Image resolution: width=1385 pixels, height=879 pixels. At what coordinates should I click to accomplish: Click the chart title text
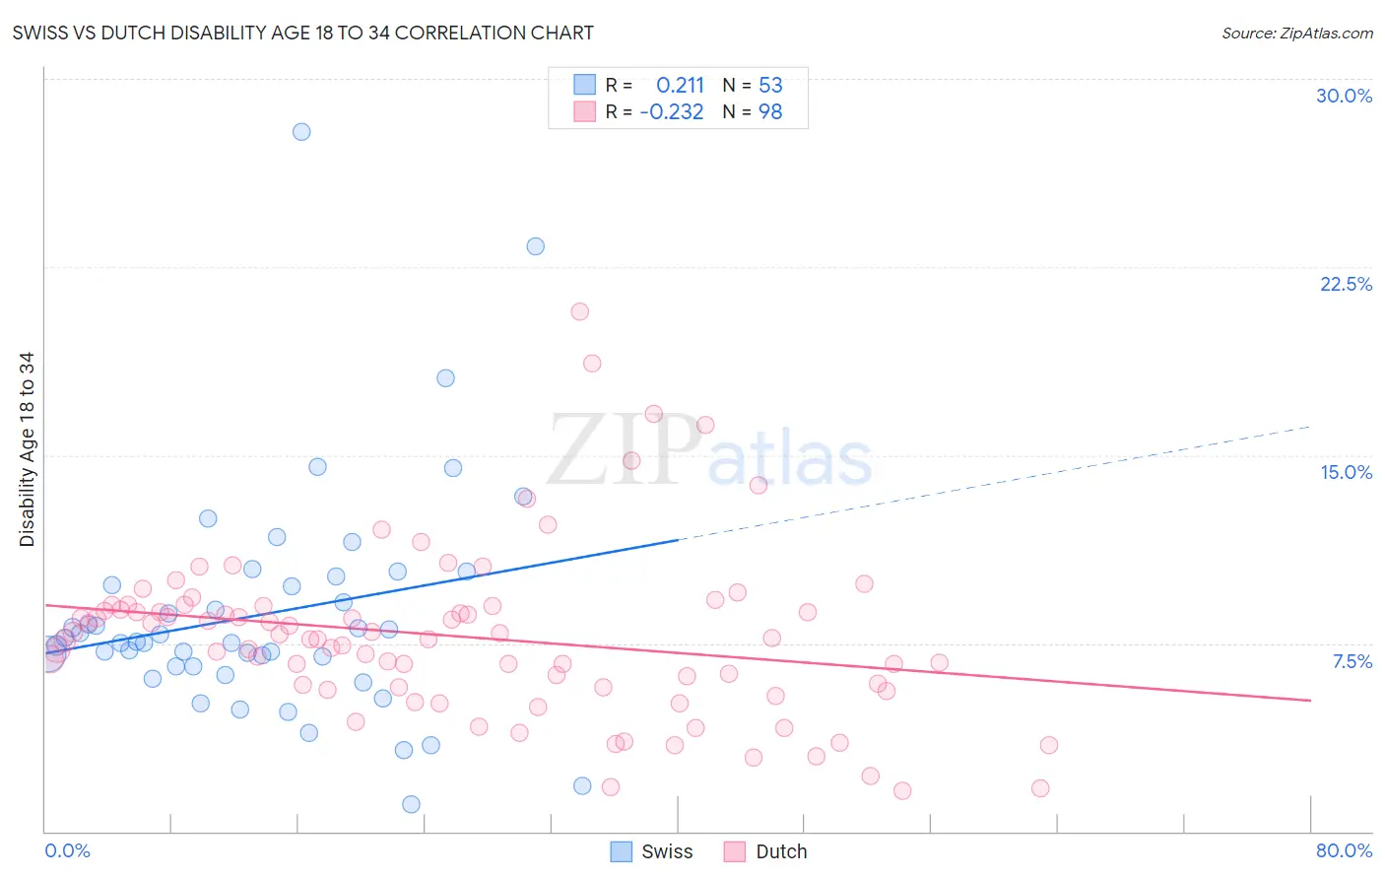(x=302, y=33)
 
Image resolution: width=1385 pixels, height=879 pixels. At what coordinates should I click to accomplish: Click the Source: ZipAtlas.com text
(x=1296, y=33)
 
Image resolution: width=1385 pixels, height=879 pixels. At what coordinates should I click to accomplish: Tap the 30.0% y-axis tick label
(x=1344, y=96)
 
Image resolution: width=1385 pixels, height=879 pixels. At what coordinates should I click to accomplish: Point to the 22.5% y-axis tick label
(x=1346, y=284)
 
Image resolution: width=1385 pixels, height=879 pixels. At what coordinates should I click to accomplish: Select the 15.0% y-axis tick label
(x=1346, y=472)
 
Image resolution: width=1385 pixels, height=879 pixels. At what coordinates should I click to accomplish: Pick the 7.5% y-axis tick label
(x=1352, y=661)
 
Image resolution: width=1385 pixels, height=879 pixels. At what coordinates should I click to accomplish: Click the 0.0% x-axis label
(x=67, y=850)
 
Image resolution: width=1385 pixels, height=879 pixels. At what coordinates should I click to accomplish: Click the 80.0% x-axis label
(x=1344, y=850)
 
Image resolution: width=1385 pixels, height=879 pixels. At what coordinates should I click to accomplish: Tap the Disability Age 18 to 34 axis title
(x=27, y=449)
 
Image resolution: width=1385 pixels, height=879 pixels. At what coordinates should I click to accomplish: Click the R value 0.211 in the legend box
(x=680, y=86)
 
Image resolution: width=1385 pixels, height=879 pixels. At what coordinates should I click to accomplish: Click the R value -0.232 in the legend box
(x=672, y=112)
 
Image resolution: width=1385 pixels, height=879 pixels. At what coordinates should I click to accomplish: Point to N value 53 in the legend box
(x=770, y=86)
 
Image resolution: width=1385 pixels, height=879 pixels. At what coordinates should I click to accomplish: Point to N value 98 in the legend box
(x=770, y=112)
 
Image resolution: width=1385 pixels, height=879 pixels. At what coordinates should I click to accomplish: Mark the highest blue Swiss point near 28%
(x=301, y=132)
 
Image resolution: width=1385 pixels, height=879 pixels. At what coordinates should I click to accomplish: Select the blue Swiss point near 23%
(x=535, y=246)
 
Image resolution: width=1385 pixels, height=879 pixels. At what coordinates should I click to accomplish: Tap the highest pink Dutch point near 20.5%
(x=579, y=311)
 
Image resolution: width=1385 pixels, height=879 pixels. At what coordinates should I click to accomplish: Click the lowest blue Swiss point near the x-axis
(x=412, y=804)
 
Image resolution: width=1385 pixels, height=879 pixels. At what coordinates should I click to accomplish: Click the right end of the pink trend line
(x=1310, y=700)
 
